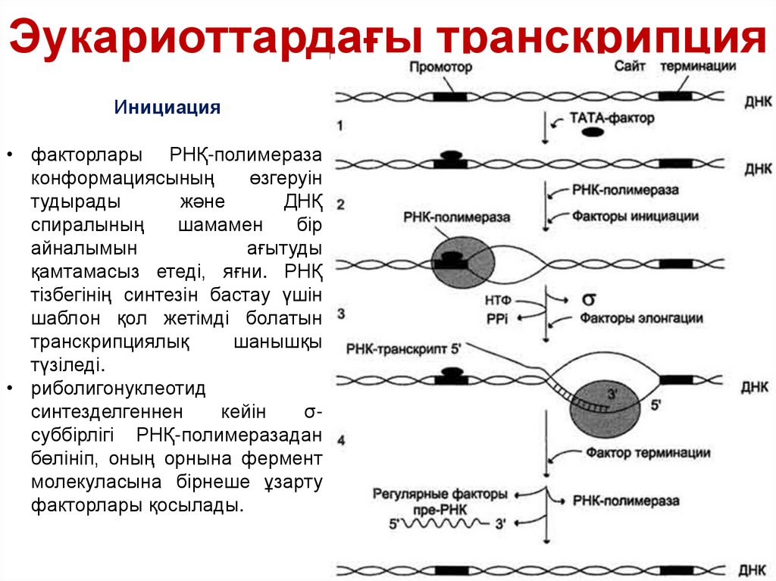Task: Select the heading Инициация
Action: pyautogui.click(x=167, y=108)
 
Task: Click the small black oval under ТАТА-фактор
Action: pyautogui.click(x=593, y=132)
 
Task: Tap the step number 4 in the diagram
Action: pyautogui.click(x=342, y=439)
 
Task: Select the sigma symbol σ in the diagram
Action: pyautogui.click(x=587, y=299)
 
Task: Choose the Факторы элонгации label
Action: pyautogui.click(x=641, y=319)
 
